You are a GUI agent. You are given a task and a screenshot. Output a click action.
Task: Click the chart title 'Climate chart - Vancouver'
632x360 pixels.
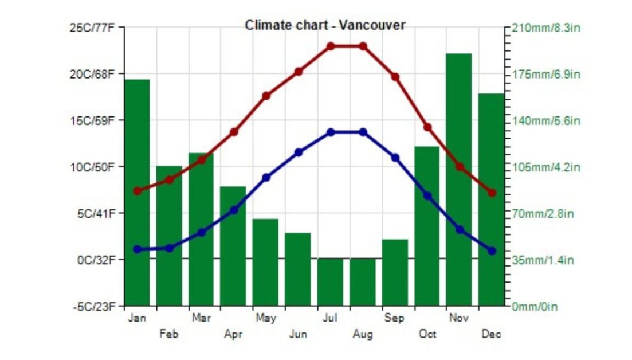(x=325, y=25)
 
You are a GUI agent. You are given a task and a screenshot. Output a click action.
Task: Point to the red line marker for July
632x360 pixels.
(x=331, y=46)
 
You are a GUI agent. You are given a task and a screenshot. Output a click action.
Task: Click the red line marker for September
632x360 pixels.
(x=395, y=76)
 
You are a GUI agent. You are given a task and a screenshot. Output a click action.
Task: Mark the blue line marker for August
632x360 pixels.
(x=363, y=132)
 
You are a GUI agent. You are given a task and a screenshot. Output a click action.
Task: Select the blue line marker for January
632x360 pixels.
(x=137, y=249)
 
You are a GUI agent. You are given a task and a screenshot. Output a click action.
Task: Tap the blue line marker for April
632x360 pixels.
(x=234, y=210)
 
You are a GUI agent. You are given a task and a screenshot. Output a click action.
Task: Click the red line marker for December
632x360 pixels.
(x=492, y=193)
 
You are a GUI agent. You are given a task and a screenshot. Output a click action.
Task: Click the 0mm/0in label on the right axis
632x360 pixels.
(x=535, y=307)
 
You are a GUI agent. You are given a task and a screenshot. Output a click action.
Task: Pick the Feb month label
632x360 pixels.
(x=169, y=334)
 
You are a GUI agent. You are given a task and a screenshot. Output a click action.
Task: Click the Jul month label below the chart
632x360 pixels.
(x=330, y=318)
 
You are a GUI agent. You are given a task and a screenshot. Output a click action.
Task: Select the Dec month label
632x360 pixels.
(x=491, y=334)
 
